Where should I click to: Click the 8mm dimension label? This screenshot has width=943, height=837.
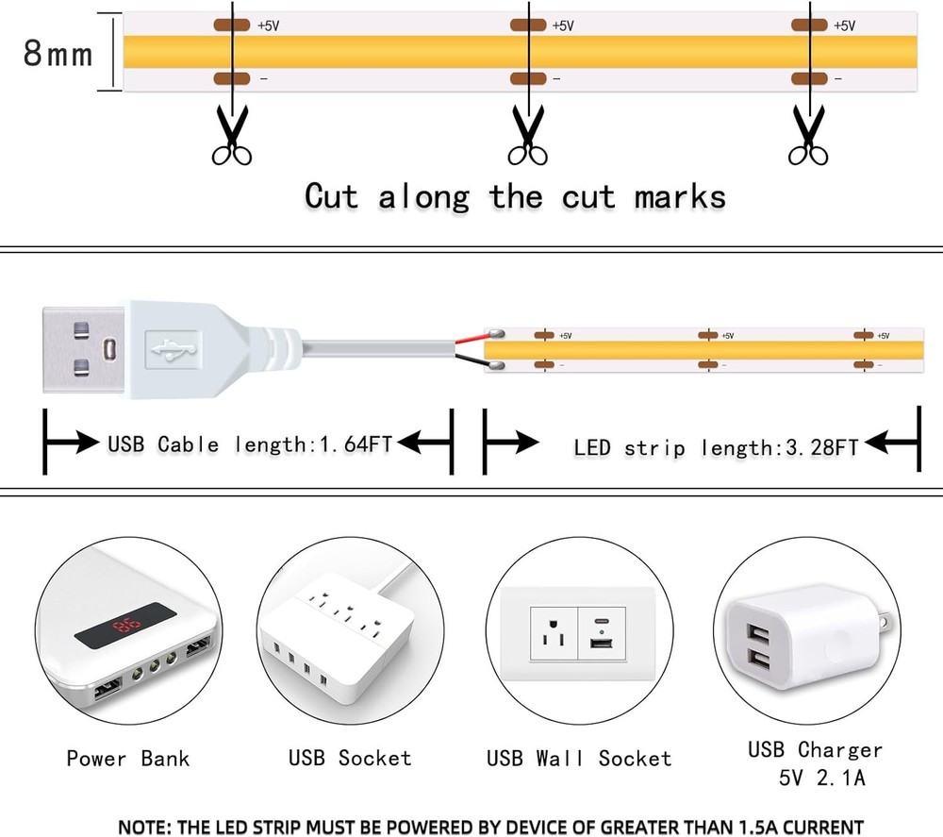[58, 54]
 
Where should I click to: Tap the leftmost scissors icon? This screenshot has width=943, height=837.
[229, 137]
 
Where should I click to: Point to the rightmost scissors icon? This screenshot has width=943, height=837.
[808, 137]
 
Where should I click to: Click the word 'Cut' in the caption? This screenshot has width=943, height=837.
[331, 196]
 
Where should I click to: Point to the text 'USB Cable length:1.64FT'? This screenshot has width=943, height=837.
[249, 444]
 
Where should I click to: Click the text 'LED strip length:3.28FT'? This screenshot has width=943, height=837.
[716, 447]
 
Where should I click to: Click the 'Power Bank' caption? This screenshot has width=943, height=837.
[127, 758]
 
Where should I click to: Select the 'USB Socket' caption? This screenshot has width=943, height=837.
[350, 758]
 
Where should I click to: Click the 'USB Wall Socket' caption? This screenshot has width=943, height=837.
[579, 759]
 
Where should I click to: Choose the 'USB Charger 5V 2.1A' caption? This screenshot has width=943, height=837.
[815, 762]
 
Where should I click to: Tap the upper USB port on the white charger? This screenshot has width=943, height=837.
[760, 631]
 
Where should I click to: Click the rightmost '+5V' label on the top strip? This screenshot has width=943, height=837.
[844, 25]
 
